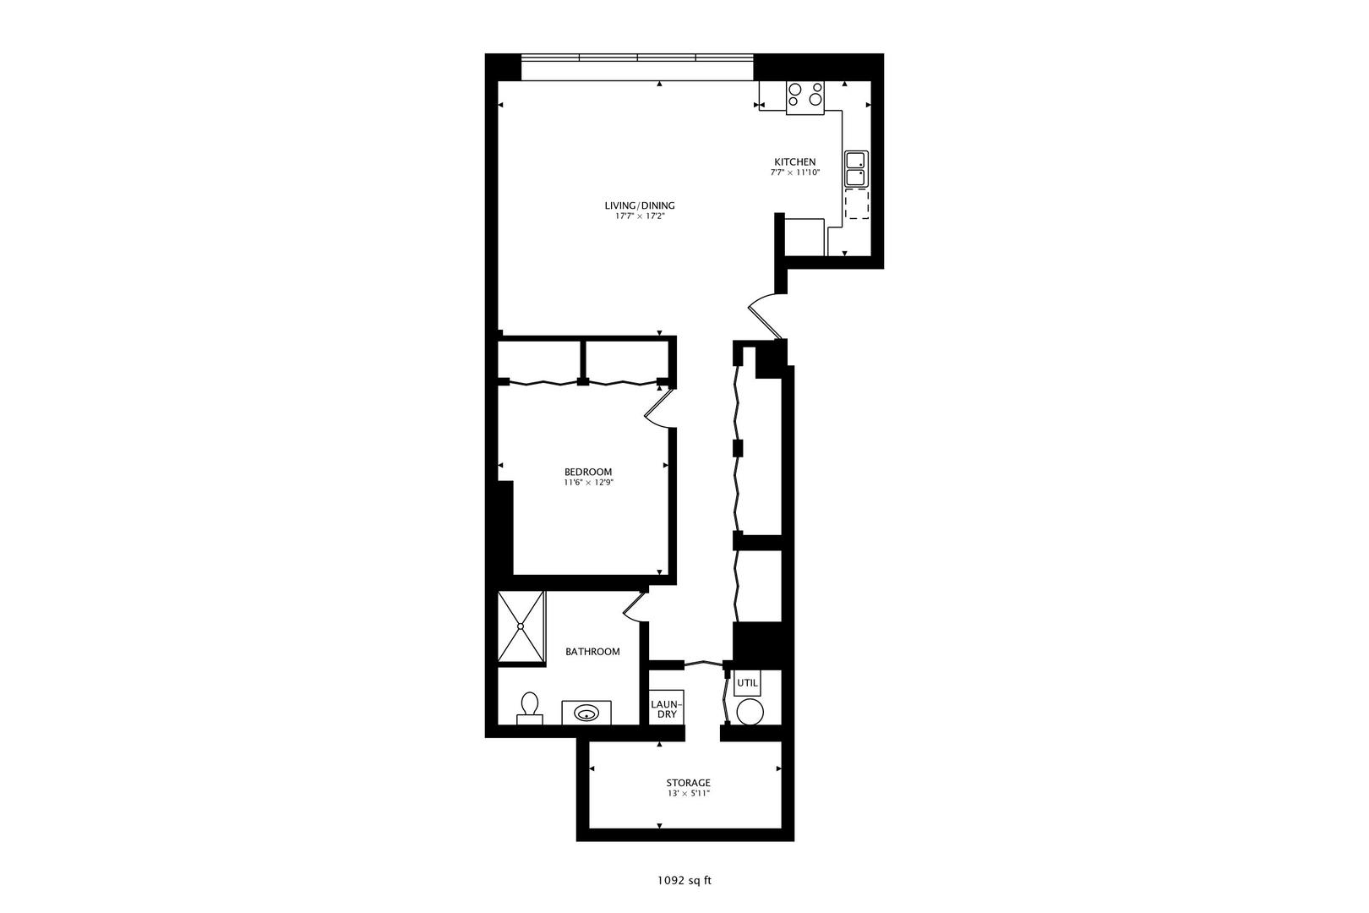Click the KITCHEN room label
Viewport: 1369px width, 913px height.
[795, 161]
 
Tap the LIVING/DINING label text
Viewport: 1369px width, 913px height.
[639, 205]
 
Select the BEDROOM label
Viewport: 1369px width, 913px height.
[588, 472]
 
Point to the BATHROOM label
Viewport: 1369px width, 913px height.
[592, 652]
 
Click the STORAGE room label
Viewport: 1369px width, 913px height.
[688, 783]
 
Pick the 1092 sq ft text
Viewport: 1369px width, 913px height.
[684, 880]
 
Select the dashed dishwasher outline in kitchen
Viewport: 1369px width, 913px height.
[857, 205]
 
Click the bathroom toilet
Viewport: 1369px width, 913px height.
[530, 708]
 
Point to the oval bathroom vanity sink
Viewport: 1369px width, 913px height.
[586, 713]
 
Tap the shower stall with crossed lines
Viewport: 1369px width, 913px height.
[521, 626]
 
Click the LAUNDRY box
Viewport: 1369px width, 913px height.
[667, 708]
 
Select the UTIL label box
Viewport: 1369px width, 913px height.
[747, 683]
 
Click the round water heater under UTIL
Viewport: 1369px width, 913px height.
[750, 713]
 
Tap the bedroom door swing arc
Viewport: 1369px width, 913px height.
[657, 409]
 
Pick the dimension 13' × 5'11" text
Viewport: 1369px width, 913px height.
[688, 795]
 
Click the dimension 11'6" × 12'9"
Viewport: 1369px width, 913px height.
[588, 483]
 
